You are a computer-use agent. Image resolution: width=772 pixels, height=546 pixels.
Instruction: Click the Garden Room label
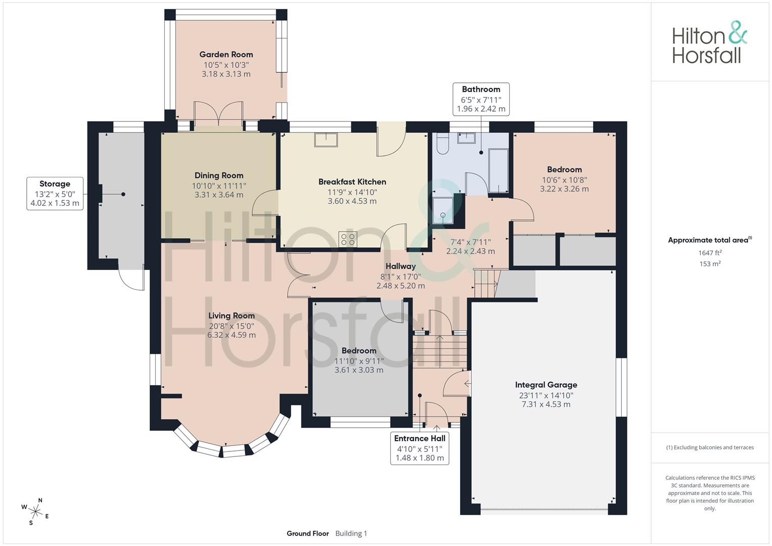pos(226,55)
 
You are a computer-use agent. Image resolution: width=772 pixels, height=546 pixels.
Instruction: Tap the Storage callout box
pos(55,194)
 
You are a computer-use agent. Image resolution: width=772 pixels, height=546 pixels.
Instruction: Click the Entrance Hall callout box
pos(420,448)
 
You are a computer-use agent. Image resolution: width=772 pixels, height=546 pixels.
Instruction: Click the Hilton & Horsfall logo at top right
pos(709,42)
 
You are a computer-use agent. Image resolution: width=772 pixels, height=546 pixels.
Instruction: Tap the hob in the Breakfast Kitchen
pos(348,239)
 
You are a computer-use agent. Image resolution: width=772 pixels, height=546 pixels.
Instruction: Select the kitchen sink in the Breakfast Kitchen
pos(326,140)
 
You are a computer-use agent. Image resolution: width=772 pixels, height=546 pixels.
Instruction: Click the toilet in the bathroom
pos(442,144)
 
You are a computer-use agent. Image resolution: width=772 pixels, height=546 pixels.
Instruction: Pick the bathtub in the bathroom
pos(498,170)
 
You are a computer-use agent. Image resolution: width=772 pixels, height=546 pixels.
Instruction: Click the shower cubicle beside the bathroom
pos(443,210)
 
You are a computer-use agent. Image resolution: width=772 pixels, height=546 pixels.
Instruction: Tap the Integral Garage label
pos(546,385)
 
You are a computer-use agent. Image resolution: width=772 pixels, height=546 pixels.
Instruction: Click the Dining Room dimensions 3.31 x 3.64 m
pos(219,195)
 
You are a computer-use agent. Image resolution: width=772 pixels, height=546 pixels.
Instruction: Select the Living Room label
pos(232,316)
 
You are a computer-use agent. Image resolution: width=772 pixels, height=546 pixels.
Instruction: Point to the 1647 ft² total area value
pos(710,253)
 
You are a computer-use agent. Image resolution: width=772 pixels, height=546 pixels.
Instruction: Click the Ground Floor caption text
pos(307,533)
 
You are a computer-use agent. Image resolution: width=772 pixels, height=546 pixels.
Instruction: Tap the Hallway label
pos(400,266)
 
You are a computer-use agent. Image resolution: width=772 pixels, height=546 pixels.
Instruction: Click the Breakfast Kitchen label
pos(352,182)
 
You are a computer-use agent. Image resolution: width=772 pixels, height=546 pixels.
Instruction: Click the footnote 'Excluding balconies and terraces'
pos(710,447)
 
